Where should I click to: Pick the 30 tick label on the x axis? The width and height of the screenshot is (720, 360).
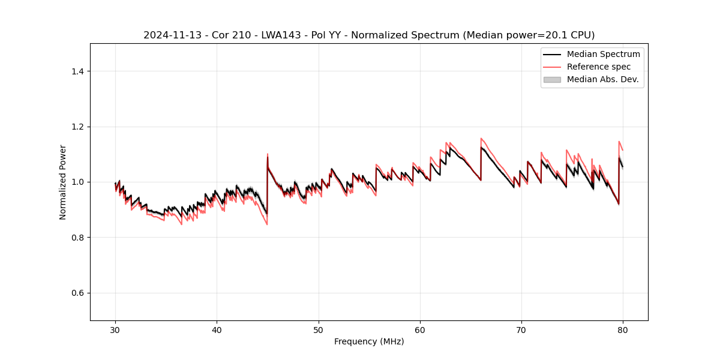[x=116, y=330]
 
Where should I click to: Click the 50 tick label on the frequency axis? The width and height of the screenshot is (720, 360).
[x=319, y=330]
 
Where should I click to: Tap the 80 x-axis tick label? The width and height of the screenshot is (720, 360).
[x=623, y=330]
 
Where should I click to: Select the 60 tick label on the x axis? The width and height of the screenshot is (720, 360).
[x=420, y=330]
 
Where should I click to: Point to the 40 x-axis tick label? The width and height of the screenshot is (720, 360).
[x=217, y=330]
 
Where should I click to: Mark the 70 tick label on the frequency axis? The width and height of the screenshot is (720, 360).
[x=521, y=330]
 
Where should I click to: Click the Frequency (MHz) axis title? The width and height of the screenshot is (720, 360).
[x=369, y=341]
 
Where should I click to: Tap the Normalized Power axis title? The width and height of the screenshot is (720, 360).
[x=63, y=182]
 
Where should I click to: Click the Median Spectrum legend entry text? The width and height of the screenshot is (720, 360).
[x=603, y=54]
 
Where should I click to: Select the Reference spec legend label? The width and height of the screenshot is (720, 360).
[x=599, y=67]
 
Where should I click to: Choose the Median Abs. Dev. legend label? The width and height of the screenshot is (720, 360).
[x=602, y=79]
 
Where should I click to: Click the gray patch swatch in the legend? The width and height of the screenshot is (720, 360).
[x=552, y=79]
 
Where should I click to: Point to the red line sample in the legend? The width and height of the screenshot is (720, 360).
[x=552, y=67]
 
